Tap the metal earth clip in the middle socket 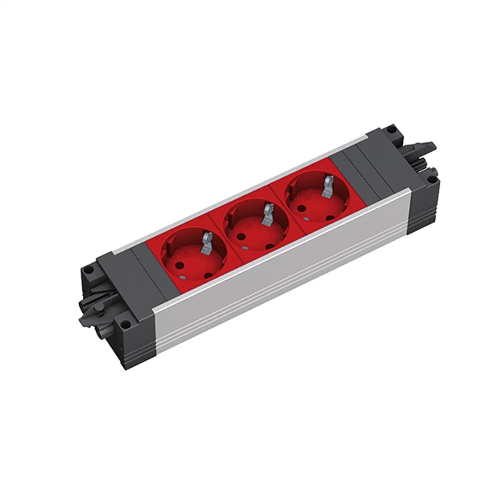266,214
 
